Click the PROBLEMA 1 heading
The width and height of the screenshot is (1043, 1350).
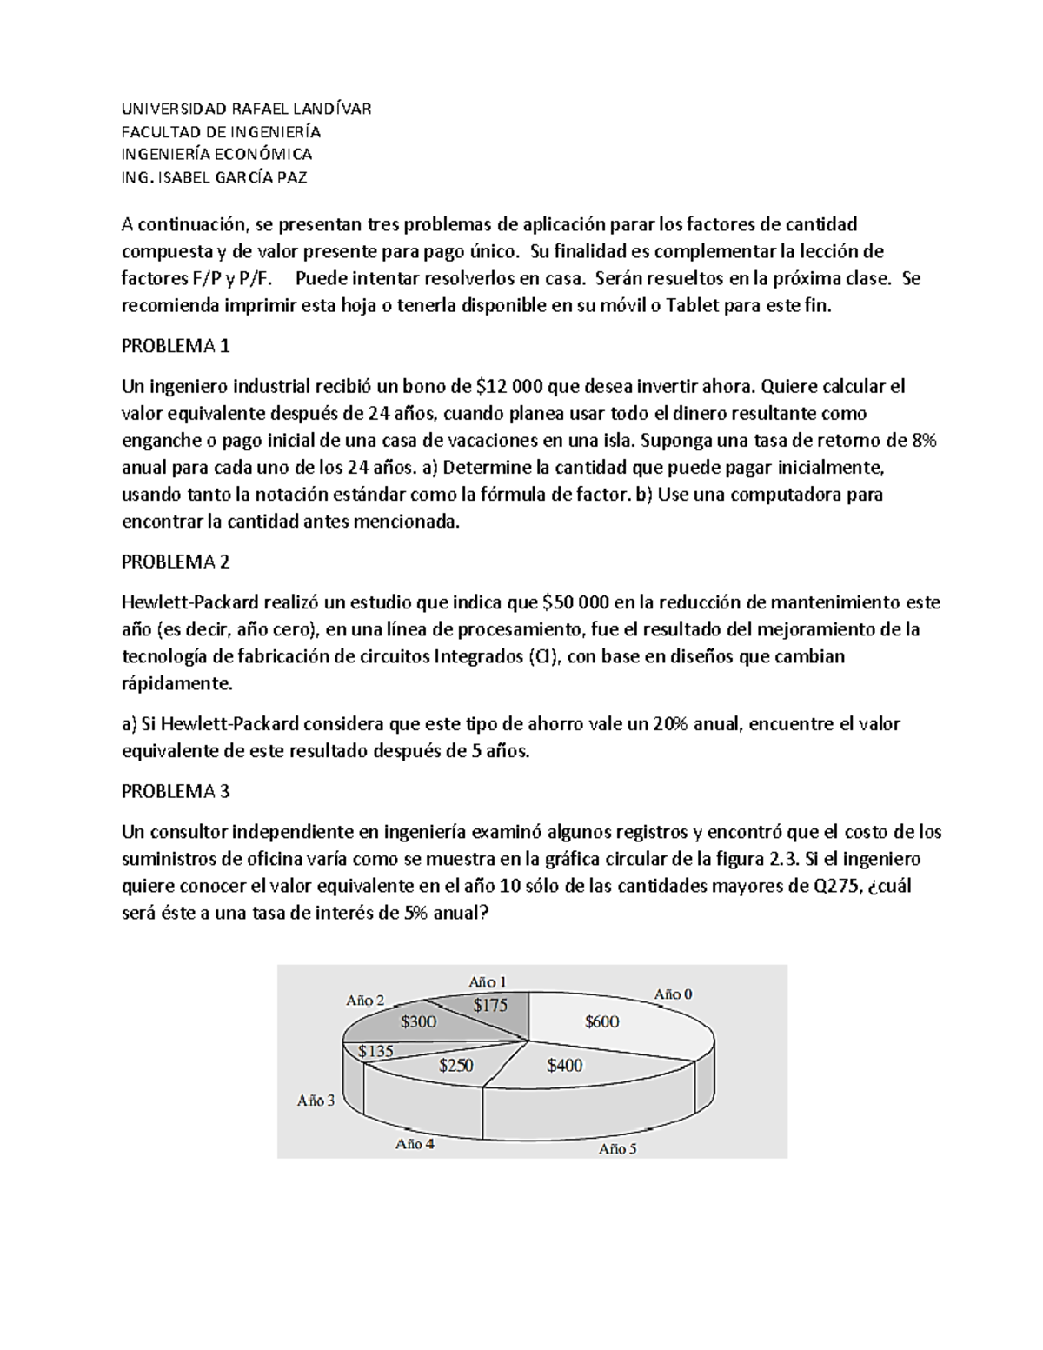pyautogui.click(x=176, y=346)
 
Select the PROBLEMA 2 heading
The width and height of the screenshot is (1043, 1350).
pyautogui.click(x=176, y=562)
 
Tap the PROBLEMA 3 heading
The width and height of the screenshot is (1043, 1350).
pyautogui.click(x=176, y=792)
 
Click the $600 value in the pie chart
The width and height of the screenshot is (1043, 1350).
pyautogui.click(x=601, y=1022)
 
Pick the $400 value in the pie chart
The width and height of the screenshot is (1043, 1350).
pyautogui.click(x=565, y=1065)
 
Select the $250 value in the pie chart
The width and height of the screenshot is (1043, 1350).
pyautogui.click(x=456, y=1065)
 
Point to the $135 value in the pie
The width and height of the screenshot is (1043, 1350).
pyautogui.click(x=376, y=1051)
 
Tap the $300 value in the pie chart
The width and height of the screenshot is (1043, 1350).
pyautogui.click(x=418, y=1022)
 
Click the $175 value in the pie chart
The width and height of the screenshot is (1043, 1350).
pyautogui.click(x=490, y=1005)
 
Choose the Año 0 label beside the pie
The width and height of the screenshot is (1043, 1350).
pyautogui.click(x=673, y=994)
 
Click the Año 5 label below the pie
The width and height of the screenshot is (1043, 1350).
pyautogui.click(x=617, y=1148)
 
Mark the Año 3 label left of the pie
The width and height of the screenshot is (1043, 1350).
pyautogui.click(x=316, y=1101)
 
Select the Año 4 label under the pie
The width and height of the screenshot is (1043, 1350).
pyautogui.click(x=415, y=1144)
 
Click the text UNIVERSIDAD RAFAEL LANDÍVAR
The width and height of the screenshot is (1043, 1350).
pyautogui.click(x=246, y=109)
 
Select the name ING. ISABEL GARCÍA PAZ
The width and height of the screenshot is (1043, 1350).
pyautogui.click(x=214, y=178)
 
